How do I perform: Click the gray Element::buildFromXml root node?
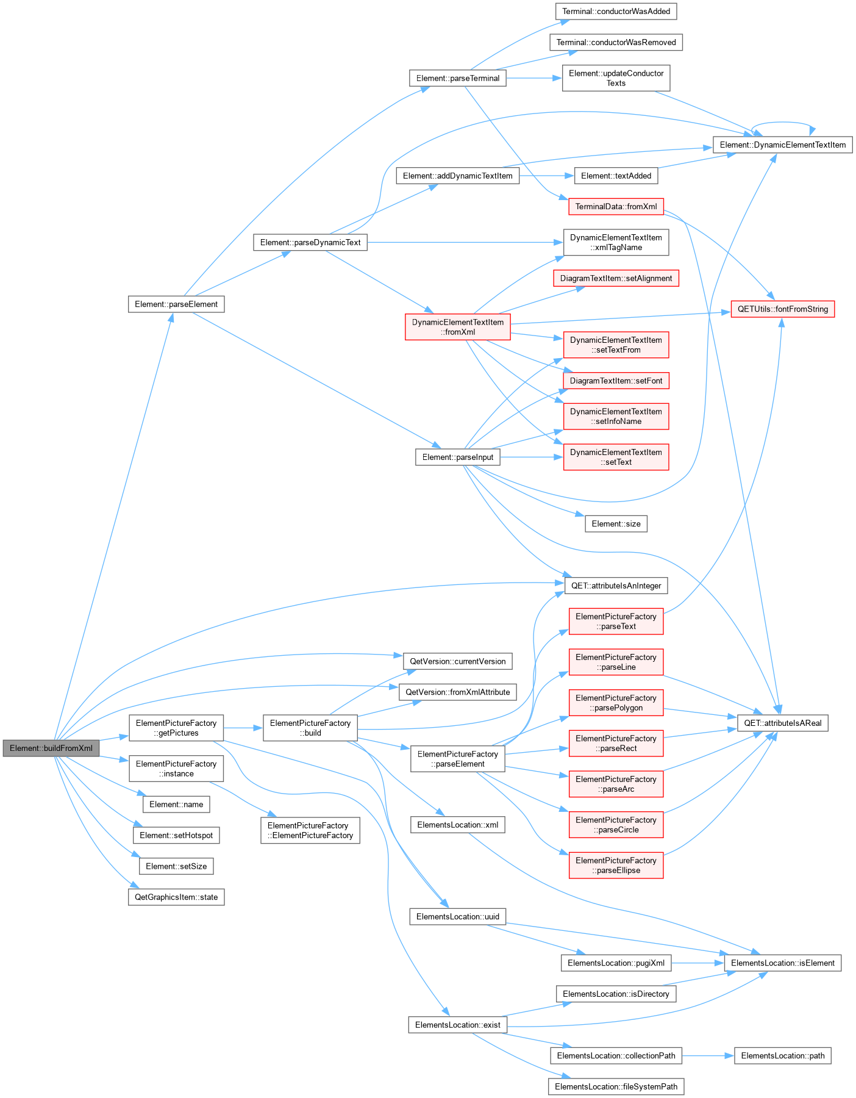click(51, 748)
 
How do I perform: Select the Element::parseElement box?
click(176, 304)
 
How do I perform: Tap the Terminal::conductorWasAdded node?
click(616, 12)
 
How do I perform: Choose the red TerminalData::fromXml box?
click(616, 207)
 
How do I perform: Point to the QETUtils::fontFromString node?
click(783, 309)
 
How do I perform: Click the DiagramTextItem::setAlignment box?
click(616, 279)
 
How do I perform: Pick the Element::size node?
click(616, 524)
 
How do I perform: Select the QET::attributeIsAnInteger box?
click(616, 586)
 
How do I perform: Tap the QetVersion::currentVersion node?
click(457, 662)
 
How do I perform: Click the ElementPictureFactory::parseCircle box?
click(616, 825)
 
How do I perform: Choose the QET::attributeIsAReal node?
click(783, 723)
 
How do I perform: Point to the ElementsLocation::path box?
click(783, 1056)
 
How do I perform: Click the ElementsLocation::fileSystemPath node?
click(616, 1087)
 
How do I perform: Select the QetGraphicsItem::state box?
click(176, 897)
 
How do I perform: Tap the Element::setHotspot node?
click(176, 836)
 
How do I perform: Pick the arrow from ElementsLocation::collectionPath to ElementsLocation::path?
click(708, 1056)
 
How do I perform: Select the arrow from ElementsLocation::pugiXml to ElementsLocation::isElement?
click(697, 963)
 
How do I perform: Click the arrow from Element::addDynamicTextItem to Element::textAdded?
click(547, 176)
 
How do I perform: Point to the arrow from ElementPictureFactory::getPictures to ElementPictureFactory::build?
click(243, 728)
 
